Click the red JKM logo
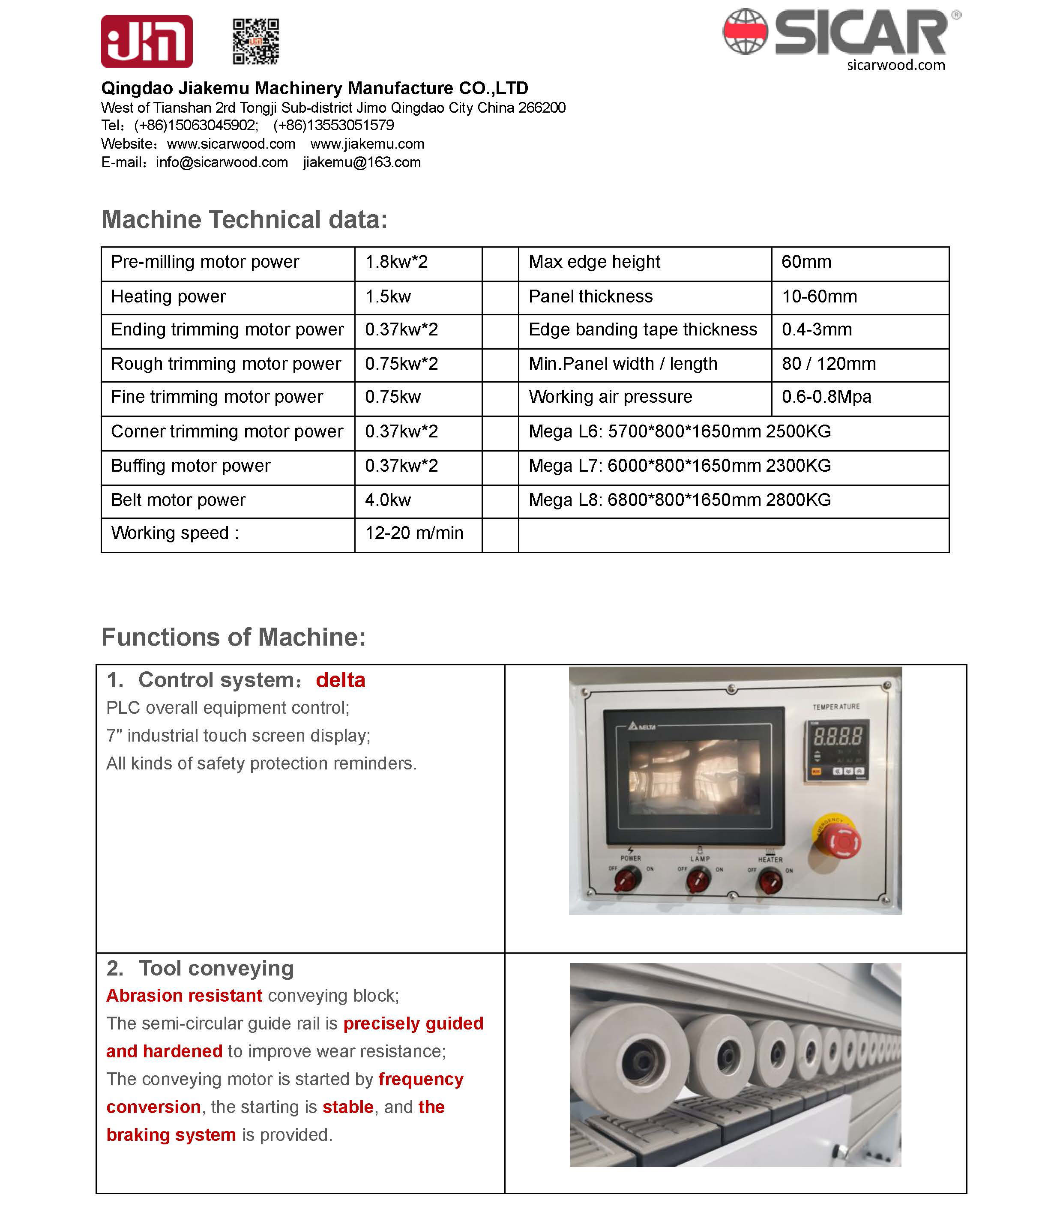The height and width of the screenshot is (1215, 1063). pos(147,41)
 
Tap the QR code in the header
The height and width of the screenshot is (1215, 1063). pos(256,41)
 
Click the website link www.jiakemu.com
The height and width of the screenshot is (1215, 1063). pos(367,144)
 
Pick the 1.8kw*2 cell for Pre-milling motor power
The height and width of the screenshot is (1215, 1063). pos(396,262)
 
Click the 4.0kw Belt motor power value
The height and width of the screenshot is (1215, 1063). pos(388,500)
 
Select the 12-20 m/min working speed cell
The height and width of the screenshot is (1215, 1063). pos(414,533)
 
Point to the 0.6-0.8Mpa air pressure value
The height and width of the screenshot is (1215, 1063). pos(826,397)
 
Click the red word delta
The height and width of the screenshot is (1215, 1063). pos(341,680)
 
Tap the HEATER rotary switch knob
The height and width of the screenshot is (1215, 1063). pos(770,882)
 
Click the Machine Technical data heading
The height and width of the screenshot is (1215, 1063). pos(244,219)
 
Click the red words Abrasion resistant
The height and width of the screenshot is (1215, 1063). pos(184,996)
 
